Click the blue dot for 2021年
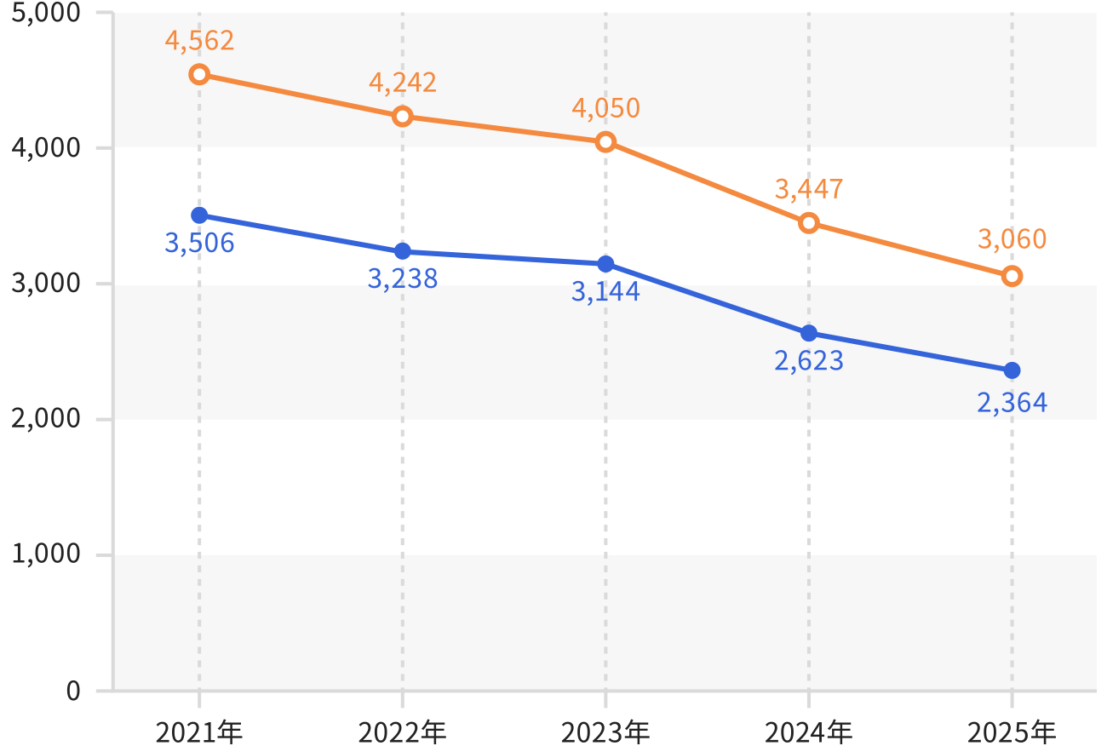coord(199,215)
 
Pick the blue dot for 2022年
coord(403,251)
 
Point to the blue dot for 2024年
coord(809,333)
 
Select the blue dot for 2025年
coord(1012,370)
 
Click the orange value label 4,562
coord(199,41)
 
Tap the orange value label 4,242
coord(403,83)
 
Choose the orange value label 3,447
coord(809,189)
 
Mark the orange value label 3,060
coord(1012,239)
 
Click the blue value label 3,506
coord(199,244)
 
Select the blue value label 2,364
coord(1012,403)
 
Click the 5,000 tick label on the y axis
coord(45,13)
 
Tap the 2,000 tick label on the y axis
coord(45,419)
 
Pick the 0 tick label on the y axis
coord(73,691)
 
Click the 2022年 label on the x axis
coord(402,732)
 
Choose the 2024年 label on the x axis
coord(808,732)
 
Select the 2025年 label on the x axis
coord(1012,732)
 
